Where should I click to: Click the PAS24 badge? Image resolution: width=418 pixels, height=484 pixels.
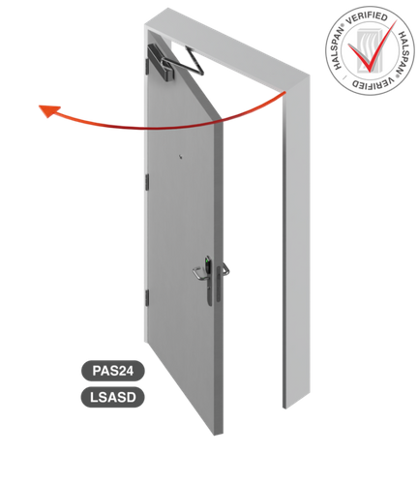(112, 371)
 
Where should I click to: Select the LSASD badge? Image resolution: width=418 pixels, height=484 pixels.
(112, 397)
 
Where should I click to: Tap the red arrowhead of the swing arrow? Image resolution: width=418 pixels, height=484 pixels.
(49, 110)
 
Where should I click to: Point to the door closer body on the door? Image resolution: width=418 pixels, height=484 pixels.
(162, 63)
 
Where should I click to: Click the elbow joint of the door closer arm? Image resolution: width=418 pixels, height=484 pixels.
(201, 72)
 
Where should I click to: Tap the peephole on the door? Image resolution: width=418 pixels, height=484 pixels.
(181, 157)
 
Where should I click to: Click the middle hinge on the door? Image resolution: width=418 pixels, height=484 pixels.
(147, 181)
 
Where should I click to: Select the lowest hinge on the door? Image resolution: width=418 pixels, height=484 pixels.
(147, 297)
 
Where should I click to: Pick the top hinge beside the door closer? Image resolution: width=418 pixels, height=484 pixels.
(147, 66)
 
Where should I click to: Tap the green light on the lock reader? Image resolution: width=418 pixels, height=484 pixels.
(207, 259)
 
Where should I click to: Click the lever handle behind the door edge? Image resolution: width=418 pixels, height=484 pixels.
(224, 268)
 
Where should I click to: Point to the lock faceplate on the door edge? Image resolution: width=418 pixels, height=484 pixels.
(219, 284)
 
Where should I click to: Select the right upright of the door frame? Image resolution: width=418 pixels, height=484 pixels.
(296, 242)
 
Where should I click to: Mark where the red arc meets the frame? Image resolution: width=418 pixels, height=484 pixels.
(284, 93)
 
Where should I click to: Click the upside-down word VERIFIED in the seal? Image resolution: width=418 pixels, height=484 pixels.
(372, 83)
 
